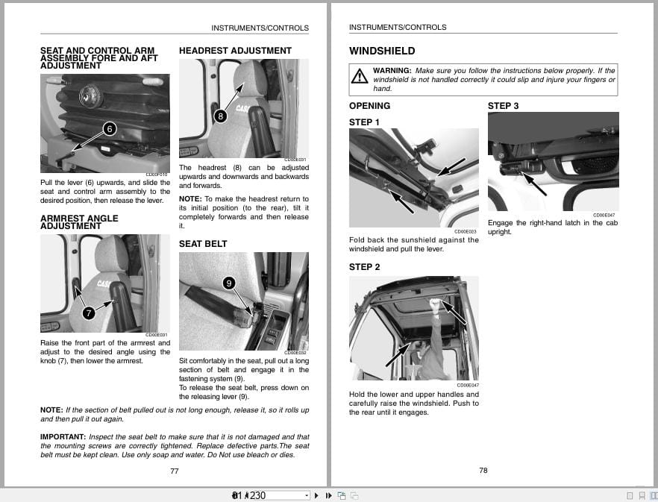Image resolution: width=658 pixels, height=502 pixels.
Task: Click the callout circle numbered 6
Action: pyautogui.click(x=110, y=129)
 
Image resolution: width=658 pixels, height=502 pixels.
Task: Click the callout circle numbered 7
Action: pyautogui.click(x=89, y=313)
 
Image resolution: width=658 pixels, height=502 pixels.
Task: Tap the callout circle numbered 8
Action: pyautogui.click(x=220, y=116)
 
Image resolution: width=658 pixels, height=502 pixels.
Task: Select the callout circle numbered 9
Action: pyautogui.click(x=229, y=283)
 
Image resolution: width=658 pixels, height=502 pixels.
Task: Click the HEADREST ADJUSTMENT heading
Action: pyautogui.click(x=235, y=51)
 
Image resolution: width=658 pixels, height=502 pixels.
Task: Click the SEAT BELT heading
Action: pyautogui.click(x=203, y=244)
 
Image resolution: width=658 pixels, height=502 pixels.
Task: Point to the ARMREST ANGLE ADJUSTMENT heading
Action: pyautogui.click(x=79, y=222)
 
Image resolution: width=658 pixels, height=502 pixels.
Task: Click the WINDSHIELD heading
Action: pyautogui.click(x=382, y=51)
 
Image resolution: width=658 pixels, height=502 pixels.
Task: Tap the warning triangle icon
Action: pyautogui.click(x=360, y=75)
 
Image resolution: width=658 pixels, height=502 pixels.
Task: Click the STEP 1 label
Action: pyautogui.click(x=364, y=122)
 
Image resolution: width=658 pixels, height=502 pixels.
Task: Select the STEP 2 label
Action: pyautogui.click(x=364, y=267)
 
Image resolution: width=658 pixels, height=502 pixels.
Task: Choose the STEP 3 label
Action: pyautogui.click(x=503, y=106)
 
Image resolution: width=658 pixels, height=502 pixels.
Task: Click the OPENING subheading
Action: pyautogui.click(x=369, y=106)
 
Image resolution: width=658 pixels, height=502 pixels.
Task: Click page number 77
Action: pyautogui.click(x=175, y=471)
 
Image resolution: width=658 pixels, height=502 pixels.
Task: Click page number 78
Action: pyautogui.click(x=483, y=470)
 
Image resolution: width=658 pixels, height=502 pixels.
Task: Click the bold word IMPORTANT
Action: pyautogui.click(x=63, y=436)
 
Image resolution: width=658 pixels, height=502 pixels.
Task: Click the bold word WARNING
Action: pyautogui.click(x=392, y=71)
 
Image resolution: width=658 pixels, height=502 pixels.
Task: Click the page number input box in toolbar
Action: pyautogui.click(x=269, y=495)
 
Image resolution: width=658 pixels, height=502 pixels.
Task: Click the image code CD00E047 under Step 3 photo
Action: pyautogui.click(x=604, y=215)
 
